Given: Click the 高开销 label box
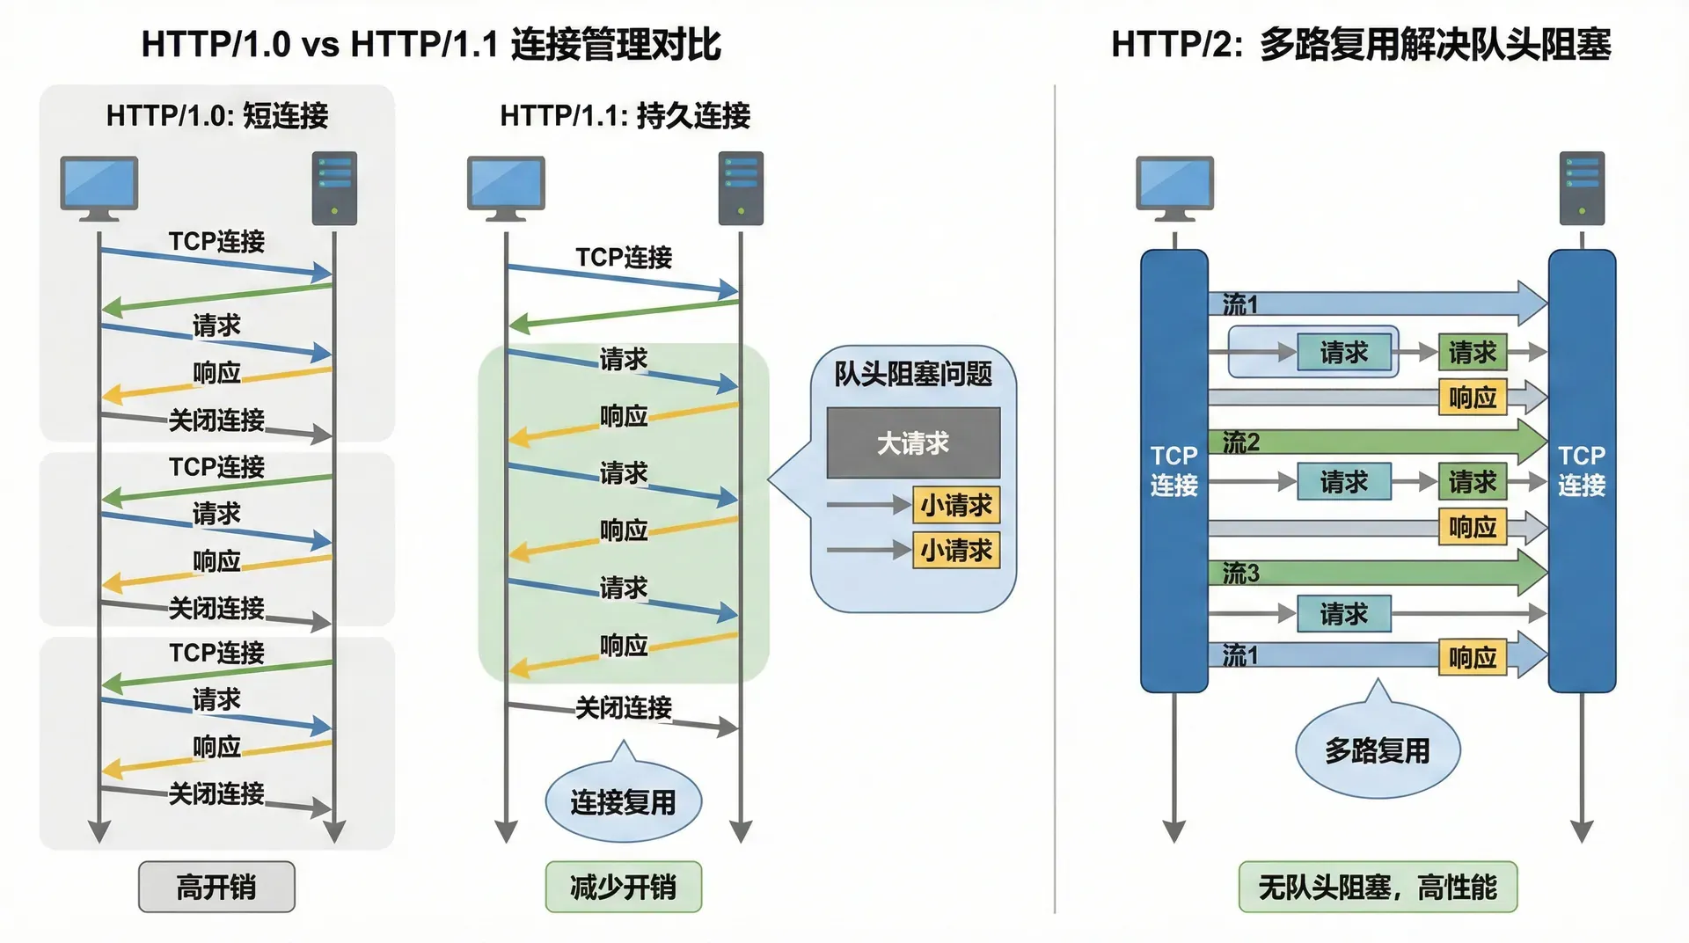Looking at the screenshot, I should [x=216, y=887].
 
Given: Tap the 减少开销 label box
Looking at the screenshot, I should [x=623, y=887].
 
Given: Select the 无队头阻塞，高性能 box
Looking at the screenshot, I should [x=1378, y=887].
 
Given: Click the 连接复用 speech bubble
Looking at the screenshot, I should [x=623, y=801].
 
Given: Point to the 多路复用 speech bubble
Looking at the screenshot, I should [x=1378, y=750].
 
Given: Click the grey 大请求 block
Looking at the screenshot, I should [x=913, y=442].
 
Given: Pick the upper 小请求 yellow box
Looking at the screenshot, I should [x=956, y=505].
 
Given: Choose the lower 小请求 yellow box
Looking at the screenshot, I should [x=956, y=551].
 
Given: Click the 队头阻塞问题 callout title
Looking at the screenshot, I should [x=913, y=374].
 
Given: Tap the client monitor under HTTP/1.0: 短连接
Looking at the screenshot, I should [x=99, y=187].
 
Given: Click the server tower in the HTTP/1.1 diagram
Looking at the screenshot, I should [x=741, y=187].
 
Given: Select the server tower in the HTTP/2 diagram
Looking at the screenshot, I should [x=1582, y=187].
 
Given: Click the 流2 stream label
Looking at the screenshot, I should [x=1241, y=442].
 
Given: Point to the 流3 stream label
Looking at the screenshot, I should [x=1241, y=574].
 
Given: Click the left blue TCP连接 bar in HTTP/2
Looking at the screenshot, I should [x=1174, y=471].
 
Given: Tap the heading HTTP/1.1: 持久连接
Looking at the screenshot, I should [x=625, y=115].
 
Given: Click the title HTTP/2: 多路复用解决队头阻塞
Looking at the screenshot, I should [x=1361, y=44].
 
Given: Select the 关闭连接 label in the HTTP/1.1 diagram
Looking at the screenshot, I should [x=623, y=707].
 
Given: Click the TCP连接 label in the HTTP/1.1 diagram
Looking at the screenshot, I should [x=623, y=257].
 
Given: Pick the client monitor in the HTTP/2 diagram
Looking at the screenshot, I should [x=1174, y=187].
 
